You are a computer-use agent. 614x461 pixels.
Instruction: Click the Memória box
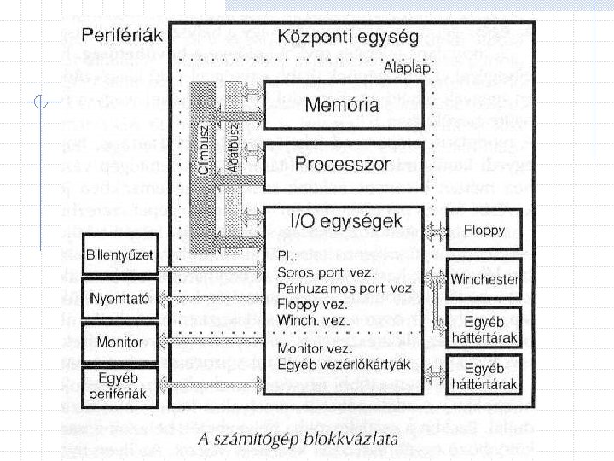pyautogui.click(x=342, y=107)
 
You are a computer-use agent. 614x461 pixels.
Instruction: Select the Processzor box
pyautogui.click(x=342, y=164)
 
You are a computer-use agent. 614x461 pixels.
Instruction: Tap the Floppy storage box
pyautogui.click(x=484, y=230)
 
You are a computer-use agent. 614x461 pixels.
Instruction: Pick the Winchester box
pyautogui.click(x=484, y=278)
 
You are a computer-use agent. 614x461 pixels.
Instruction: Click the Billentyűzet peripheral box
pyautogui.click(x=120, y=254)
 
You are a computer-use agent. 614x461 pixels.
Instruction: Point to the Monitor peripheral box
pyautogui.click(x=120, y=341)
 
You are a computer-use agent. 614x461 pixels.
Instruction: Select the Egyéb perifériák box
pyautogui.click(x=120, y=386)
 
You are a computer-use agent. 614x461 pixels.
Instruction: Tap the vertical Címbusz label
pyautogui.click(x=204, y=150)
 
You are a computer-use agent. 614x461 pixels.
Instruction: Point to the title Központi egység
pyautogui.click(x=347, y=38)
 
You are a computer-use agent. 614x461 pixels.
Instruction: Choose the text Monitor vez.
pyautogui.click(x=315, y=349)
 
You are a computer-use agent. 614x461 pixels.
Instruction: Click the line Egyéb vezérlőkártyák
pyautogui.click(x=345, y=365)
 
